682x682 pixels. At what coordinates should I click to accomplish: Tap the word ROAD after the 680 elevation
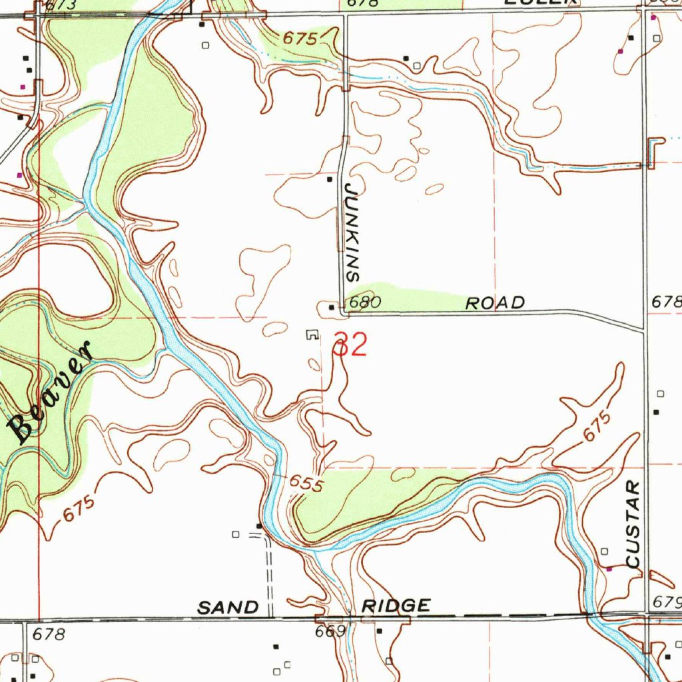click(x=495, y=303)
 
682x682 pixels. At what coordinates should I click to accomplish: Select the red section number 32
click(x=350, y=346)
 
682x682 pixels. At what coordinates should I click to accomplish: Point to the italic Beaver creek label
click(x=49, y=393)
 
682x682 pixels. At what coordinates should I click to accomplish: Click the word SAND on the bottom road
click(x=228, y=607)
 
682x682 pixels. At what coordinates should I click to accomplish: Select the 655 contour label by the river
click(x=306, y=484)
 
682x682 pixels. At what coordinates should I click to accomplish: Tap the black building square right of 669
click(x=380, y=629)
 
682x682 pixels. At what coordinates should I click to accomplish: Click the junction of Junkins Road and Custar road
click(x=644, y=329)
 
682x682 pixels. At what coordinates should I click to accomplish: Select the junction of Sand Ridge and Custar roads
click(x=645, y=615)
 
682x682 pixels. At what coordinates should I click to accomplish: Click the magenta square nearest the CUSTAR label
click(x=609, y=568)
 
